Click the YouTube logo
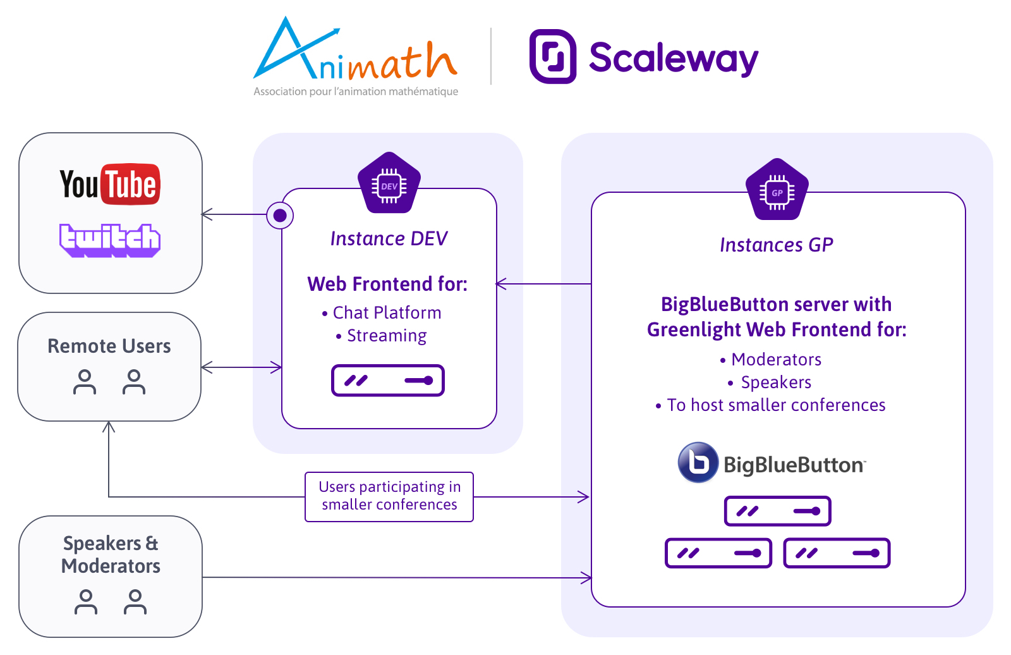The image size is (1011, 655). [x=110, y=184]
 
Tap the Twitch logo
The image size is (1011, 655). [x=110, y=240]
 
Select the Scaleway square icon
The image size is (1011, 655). [x=552, y=56]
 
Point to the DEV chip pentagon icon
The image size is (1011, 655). [x=389, y=185]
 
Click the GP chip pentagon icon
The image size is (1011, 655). [x=777, y=191]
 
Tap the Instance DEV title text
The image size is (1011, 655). [x=389, y=238]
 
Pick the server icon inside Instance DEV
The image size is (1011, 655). [x=388, y=381]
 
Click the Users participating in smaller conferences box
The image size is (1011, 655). [x=389, y=496]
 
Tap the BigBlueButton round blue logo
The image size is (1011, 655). [x=698, y=462]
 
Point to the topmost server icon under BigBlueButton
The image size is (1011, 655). [x=777, y=511]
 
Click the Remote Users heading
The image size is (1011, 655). [x=109, y=346]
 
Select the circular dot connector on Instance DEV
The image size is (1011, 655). [x=280, y=216]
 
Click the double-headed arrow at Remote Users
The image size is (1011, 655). [x=241, y=367]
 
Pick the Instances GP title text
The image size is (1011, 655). [x=777, y=245]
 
